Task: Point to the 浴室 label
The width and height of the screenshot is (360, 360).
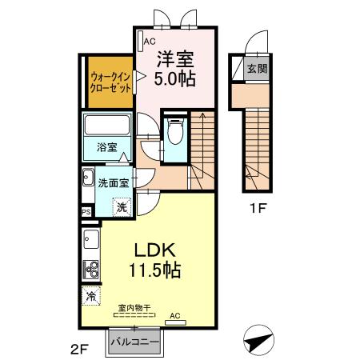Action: pos(107,149)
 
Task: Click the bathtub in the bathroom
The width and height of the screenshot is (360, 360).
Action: pos(107,126)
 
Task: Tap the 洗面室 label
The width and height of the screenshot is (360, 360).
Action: pos(114,182)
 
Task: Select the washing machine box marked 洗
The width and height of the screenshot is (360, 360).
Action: pos(121,206)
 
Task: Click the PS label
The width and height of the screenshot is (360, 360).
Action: pos(86,212)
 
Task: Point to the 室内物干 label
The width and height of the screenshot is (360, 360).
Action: pos(134,307)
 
